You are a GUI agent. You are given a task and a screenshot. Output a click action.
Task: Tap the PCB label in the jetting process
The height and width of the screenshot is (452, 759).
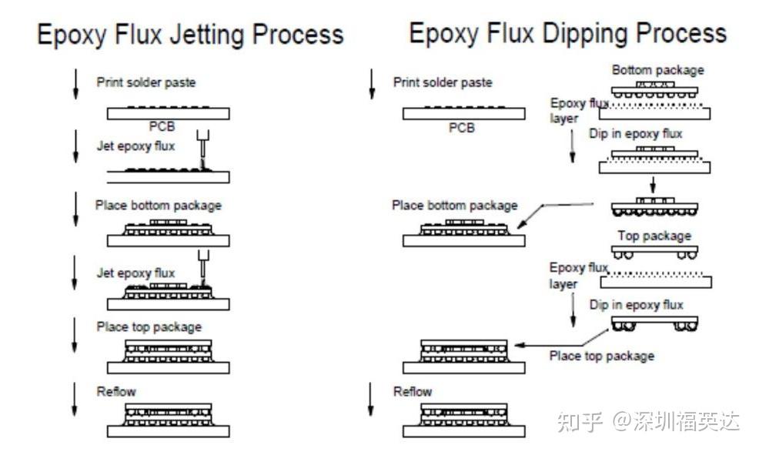[x=162, y=126]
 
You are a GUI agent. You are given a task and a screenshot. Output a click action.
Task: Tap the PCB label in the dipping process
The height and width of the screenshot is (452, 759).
[x=462, y=128]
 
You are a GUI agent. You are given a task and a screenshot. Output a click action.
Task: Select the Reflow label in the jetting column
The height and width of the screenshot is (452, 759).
[x=116, y=391]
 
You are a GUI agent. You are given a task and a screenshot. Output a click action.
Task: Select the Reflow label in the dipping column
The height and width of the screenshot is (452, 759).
[x=413, y=391]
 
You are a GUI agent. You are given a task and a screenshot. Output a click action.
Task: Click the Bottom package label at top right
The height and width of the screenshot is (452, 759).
[x=658, y=70]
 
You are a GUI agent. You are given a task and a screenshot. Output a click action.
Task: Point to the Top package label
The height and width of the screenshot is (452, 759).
[x=654, y=236]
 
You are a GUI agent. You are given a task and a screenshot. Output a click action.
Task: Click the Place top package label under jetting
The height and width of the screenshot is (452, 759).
[x=149, y=327]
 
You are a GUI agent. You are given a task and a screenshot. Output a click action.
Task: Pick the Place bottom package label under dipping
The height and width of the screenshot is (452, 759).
[x=454, y=206]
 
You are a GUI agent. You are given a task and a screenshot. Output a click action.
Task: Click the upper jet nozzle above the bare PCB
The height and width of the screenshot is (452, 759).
[x=202, y=144]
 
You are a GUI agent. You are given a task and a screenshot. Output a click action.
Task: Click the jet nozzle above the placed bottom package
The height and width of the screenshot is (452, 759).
[x=203, y=263]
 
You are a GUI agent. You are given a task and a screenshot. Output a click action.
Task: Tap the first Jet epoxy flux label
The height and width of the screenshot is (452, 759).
[x=135, y=146]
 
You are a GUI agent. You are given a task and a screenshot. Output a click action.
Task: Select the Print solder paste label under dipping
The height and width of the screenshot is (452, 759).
[x=443, y=82]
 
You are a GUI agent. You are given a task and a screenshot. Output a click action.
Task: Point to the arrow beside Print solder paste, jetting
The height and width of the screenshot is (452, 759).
[x=75, y=84]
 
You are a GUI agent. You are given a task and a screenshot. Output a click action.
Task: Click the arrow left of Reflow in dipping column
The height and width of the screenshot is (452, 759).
[x=371, y=399]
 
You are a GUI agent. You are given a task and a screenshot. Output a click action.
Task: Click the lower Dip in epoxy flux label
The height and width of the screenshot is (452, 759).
[x=636, y=305]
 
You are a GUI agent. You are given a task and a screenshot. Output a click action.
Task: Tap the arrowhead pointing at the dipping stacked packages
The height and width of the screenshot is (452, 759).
[x=518, y=346]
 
